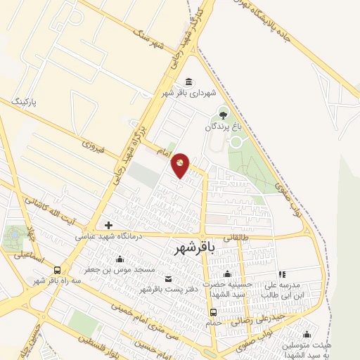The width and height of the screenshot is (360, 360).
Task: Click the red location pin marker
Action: tap(181, 165)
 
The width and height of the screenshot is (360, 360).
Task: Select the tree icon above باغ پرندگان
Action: tap(224, 114)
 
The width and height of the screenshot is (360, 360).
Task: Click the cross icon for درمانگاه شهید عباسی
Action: tap(108, 226)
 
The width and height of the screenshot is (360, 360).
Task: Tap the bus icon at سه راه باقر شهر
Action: tap(56, 269)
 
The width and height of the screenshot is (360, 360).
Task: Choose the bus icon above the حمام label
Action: tap(213, 311)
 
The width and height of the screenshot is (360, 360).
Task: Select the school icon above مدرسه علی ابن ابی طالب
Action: tap(281, 274)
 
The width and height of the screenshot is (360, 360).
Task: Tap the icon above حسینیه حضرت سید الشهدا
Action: tap(226, 274)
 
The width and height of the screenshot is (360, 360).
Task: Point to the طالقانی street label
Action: tap(236, 238)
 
